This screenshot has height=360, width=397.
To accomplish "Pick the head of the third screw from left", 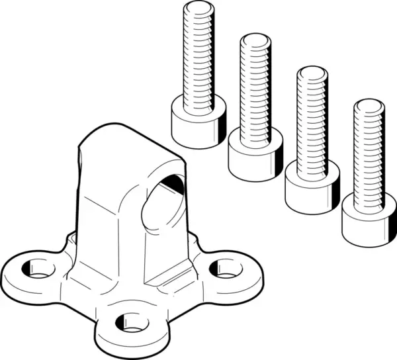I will click(x=311, y=187).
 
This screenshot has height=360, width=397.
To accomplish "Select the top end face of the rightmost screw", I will click(x=368, y=105).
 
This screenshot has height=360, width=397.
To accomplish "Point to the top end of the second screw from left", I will click(x=255, y=40).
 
